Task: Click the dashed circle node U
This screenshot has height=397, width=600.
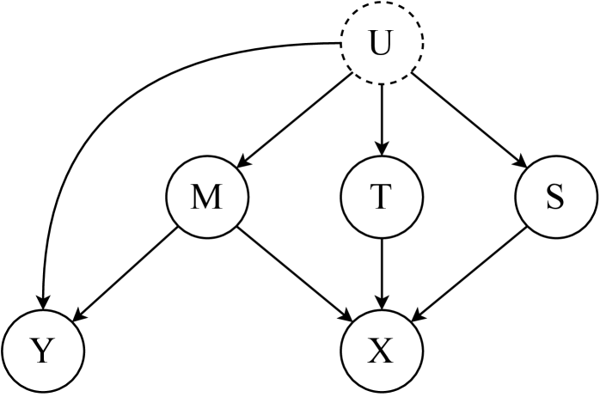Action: click(x=382, y=44)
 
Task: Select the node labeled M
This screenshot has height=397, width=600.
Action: click(x=206, y=198)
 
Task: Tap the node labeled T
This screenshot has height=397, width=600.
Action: click(x=382, y=198)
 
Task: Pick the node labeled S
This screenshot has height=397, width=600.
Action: click(x=555, y=198)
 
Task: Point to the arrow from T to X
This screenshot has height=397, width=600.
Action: click(x=382, y=275)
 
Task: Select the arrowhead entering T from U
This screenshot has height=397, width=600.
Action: click(x=382, y=151)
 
